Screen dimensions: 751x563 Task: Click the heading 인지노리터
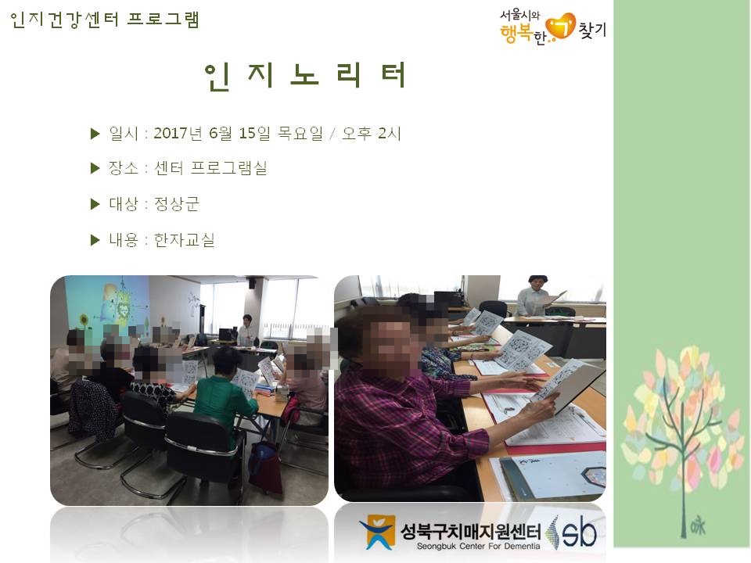306,76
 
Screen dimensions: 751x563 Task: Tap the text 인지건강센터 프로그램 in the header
104,20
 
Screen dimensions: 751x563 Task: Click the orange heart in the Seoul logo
561,26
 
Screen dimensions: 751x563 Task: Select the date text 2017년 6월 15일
212,133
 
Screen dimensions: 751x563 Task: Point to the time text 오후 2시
371,133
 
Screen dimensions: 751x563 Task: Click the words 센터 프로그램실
210,168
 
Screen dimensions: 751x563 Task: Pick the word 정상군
176,204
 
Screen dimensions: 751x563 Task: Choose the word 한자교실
184,239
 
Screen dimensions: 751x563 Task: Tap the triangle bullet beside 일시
95,134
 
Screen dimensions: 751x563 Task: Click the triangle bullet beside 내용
95,240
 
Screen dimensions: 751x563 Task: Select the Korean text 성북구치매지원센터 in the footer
471,532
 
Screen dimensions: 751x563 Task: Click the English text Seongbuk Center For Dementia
478,547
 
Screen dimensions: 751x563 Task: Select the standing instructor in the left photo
247,330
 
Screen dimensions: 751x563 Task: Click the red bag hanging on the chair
264,467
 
